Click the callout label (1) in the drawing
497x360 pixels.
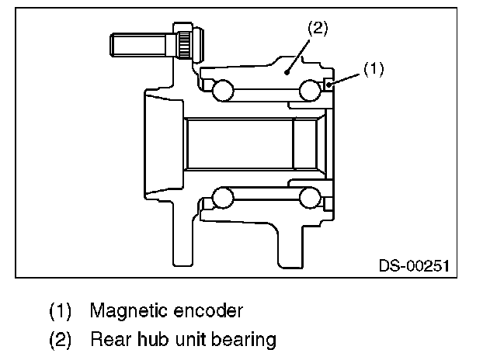[x=373, y=69]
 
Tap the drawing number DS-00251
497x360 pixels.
[x=414, y=265]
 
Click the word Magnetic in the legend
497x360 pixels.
[x=126, y=311]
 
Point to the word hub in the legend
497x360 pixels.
[x=153, y=339]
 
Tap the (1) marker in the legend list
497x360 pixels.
[x=61, y=312]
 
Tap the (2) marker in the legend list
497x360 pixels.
[x=61, y=340]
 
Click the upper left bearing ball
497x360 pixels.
[x=223, y=91]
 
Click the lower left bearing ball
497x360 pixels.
[x=223, y=197]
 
